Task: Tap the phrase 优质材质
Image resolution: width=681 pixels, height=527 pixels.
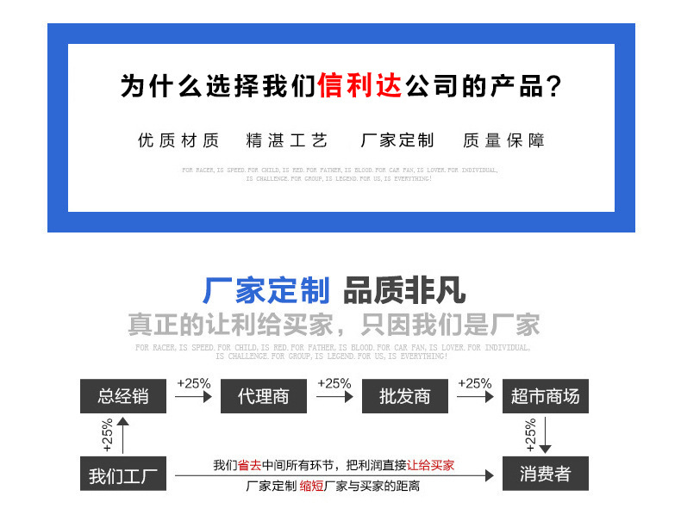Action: (x=178, y=140)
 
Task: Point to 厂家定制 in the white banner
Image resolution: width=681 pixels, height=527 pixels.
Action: (x=397, y=140)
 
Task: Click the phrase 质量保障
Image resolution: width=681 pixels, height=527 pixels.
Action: (x=503, y=140)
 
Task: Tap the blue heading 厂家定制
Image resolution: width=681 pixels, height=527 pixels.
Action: (x=266, y=292)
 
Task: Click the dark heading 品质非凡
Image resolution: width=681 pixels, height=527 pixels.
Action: (x=404, y=292)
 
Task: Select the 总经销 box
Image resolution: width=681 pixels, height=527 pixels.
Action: (x=123, y=396)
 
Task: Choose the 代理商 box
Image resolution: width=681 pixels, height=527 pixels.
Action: (x=264, y=396)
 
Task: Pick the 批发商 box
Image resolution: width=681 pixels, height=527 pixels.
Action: (x=404, y=396)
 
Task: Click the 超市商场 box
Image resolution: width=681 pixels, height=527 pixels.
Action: (x=545, y=396)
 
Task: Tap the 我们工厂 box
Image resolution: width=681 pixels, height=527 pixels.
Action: (x=123, y=474)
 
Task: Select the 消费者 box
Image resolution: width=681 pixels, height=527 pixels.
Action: (x=545, y=474)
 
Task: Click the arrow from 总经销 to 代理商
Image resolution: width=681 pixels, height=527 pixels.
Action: (x=193, y=397)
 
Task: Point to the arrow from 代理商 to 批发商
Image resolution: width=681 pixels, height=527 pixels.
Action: (x=334, y=397)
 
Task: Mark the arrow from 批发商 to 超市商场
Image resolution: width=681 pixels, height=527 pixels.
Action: (x=475, y=397)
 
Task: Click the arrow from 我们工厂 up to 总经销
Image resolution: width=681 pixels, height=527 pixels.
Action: (x=122, y=435)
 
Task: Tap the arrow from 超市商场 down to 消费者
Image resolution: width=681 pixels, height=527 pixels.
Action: (x=545, y=435)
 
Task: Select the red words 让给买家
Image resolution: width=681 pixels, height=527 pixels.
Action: (x=430, y=466)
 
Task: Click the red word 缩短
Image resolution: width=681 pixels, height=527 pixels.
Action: (x=312, y=487)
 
